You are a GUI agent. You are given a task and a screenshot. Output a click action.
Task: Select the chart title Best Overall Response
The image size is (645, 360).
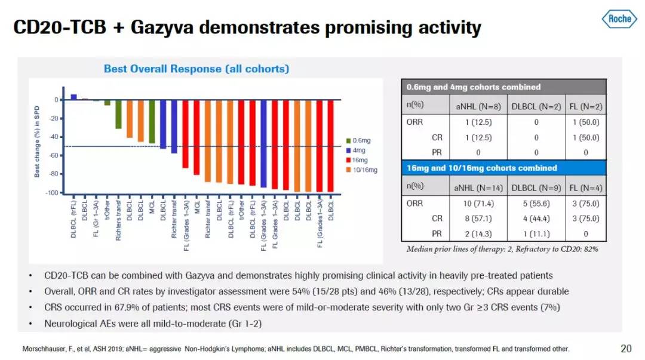(x=196, y=69)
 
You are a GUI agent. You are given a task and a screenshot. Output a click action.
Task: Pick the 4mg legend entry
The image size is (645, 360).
(x=357, y=150)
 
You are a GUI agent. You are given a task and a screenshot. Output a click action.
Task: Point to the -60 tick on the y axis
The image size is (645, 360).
(x=54, y=155)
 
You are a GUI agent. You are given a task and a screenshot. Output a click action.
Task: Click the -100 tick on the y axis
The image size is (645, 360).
(x=53, y=193)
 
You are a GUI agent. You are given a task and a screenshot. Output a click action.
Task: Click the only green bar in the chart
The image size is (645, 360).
(x=118, y=114)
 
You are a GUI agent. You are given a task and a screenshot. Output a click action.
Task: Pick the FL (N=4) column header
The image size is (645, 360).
(x=585, y=188)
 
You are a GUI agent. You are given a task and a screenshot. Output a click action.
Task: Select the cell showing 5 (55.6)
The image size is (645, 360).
(x=536, y=204)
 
